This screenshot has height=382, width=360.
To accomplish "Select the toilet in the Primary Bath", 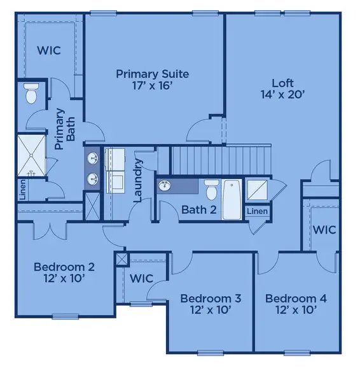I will tap(31, 94).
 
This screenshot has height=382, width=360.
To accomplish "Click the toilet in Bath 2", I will tap(211, 188).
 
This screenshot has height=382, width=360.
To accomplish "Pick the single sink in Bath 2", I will tap(165, 186).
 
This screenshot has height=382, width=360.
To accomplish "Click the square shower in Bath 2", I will tap(258, 189).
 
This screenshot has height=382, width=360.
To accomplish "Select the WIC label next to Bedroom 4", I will tap(324, 230).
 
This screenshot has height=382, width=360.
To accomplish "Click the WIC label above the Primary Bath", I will tap(48, 50).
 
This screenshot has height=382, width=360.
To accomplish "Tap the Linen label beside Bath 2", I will tap(256, 211).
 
